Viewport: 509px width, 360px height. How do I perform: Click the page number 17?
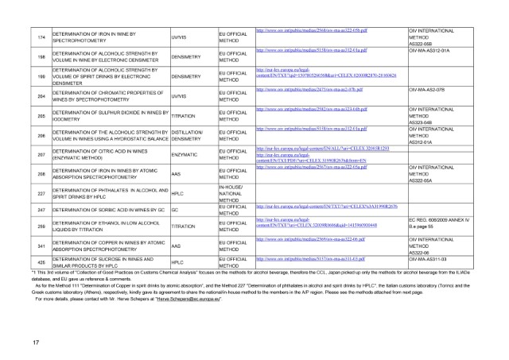(37, 341)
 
